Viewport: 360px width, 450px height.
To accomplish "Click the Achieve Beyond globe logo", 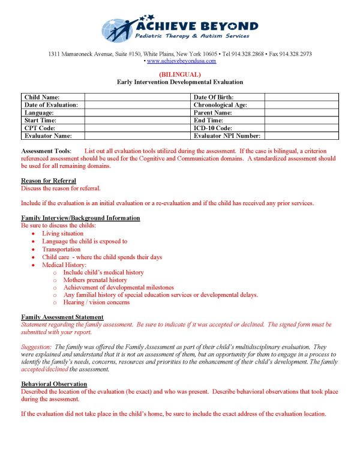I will tap(118, 29).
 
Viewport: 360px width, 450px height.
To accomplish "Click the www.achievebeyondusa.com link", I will tap(181, 61).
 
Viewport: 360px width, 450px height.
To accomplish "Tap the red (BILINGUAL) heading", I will tap(180, 74).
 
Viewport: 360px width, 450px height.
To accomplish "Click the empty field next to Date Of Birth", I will tap(301, 97).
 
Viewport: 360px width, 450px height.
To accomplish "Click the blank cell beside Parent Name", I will tap(301, 113).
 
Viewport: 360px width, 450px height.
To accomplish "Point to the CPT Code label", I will tap(43, 128).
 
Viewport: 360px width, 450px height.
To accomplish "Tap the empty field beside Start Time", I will tap(137, 121).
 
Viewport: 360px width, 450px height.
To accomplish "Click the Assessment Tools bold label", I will tap(46, 150).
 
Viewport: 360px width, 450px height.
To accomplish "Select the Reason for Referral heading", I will tap(49, 181).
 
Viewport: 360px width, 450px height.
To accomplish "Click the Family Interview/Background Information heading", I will tap(80, 218).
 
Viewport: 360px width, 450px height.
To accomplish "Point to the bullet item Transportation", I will tap(61, 249).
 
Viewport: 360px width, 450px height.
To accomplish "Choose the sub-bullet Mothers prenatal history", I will tap(95, 280).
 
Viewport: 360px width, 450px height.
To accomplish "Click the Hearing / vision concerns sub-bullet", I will tap(96, 303).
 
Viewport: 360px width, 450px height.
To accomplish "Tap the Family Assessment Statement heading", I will tap(62, 317).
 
